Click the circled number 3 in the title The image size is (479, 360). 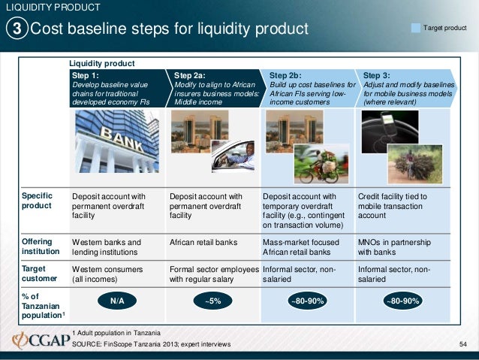click(x=17, y=29)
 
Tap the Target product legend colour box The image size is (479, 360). click(x=416, y=28)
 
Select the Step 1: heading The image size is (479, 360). click(x=86, y=76)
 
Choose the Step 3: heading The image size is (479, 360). click(x=377, y=76)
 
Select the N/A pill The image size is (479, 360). click(x=117, y=301)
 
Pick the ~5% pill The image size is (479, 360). click(x=213, y=301)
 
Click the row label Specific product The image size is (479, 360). click(x=37, y=201)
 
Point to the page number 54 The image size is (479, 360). click(x=462, y=344)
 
